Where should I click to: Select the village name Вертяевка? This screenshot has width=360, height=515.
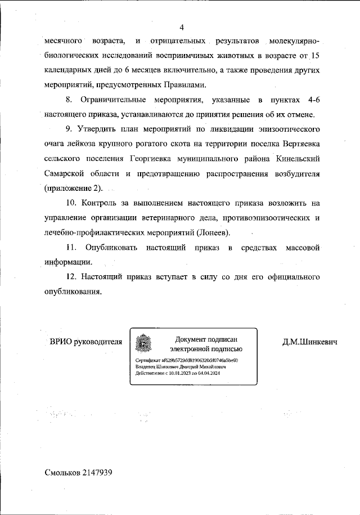296,144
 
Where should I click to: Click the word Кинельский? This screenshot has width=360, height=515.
299,159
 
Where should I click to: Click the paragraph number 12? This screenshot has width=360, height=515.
71,277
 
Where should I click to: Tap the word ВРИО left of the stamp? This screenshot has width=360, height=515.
62,342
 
